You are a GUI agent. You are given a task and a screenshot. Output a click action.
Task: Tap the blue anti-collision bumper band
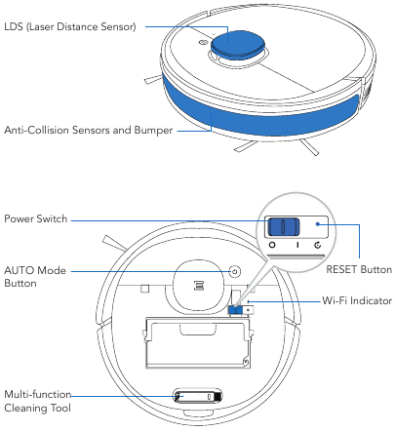click(x=263, y=108)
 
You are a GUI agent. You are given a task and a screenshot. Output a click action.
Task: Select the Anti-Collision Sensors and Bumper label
click(x=89, y=130)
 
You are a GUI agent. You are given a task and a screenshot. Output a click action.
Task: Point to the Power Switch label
click(x=36, y=219)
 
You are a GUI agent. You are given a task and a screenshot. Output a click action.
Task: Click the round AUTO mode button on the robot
click(x=235, y=271)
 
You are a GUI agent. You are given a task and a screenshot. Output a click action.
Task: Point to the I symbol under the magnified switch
click(x=297, y=248)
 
